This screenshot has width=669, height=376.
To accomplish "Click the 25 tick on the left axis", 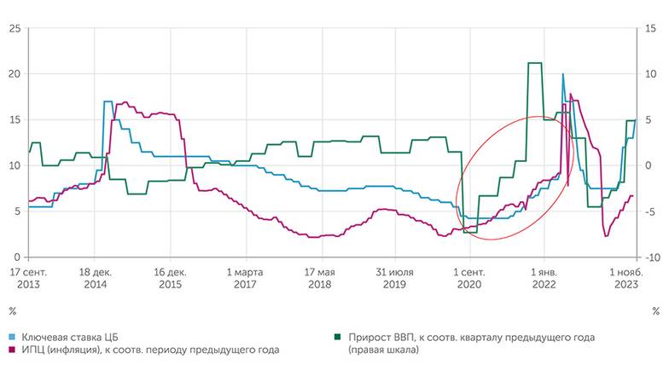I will click(x=14, y=28).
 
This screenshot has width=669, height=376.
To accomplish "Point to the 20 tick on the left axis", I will click(x=14, y=74).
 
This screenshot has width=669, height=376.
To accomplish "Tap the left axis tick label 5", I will click(x=16, y=211).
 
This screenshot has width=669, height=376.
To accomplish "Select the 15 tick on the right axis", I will click(x=652, y=28).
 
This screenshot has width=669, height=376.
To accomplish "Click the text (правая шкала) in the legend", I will click(x=384, y=350).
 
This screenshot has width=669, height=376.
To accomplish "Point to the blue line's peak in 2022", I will click(x=562, y=75).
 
